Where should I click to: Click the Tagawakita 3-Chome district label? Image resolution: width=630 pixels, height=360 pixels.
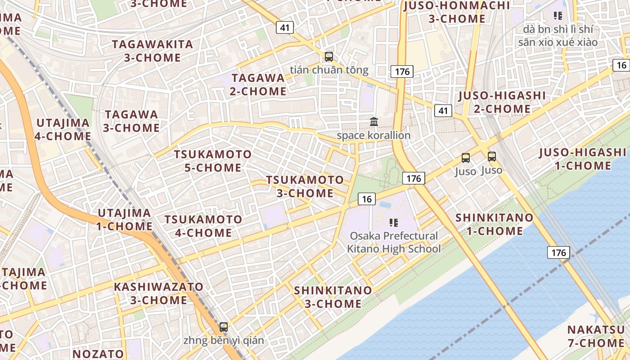[153, 51]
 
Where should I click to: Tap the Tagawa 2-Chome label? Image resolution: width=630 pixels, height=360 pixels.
[259, 84]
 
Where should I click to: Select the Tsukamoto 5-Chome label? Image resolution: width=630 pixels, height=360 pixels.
[213, 161]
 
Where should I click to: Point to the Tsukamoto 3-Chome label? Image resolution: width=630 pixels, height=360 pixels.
[305, 186]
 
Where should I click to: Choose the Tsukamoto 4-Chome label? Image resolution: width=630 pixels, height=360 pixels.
[203, 226]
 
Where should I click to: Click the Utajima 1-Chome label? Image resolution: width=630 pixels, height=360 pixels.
[125, 219]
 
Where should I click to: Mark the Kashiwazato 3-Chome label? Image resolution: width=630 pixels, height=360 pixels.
[158, 293]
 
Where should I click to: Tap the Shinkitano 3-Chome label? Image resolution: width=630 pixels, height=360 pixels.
[333, 297]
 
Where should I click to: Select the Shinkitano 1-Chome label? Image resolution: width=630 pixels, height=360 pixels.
[494, 224]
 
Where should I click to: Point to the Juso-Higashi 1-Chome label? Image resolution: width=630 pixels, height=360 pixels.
[582, 159]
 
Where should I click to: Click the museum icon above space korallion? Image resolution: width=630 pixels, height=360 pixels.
[373, 122]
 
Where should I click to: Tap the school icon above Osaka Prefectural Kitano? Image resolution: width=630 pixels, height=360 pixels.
[394, 222]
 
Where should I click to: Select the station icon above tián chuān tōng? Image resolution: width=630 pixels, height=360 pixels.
[329, 57]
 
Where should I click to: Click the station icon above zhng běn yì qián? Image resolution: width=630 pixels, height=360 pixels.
[224, 327]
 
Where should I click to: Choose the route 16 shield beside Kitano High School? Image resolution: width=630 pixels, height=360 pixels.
[367, 198]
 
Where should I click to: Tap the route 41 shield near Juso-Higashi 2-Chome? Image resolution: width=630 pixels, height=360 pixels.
[443, 110]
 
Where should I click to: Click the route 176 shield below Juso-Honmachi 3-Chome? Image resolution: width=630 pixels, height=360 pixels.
[402, 71]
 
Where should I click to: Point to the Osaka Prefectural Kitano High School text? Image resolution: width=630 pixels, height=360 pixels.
[394, 242]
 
